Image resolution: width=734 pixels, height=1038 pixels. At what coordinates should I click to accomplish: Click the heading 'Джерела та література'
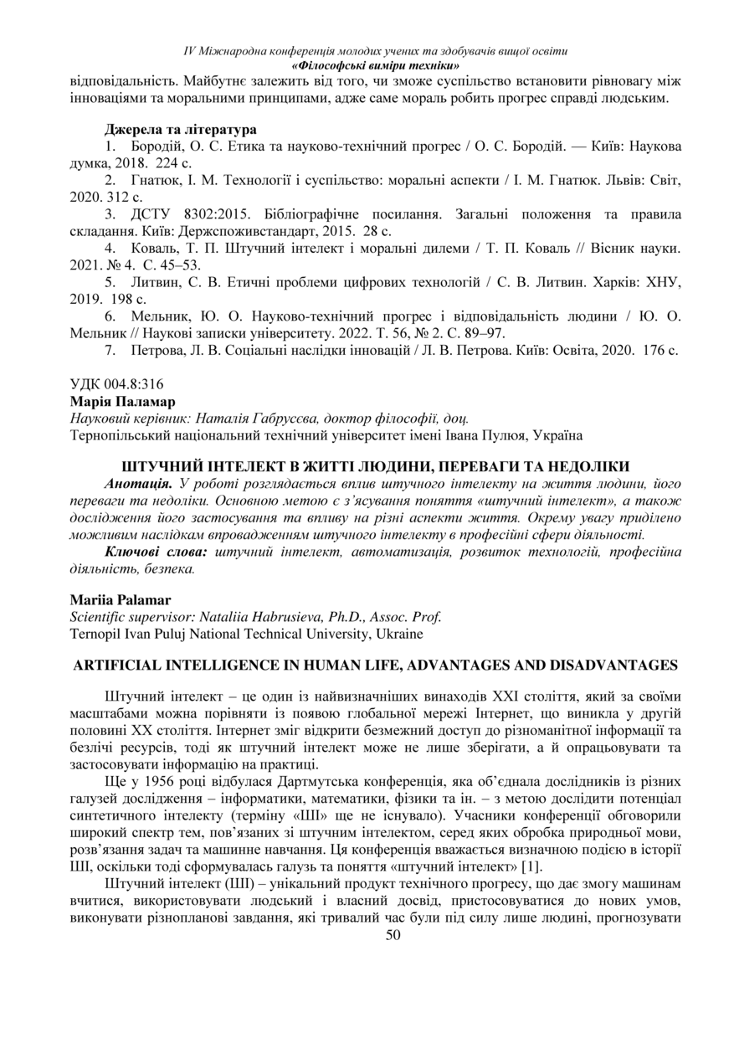click(x=180, y=130)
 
